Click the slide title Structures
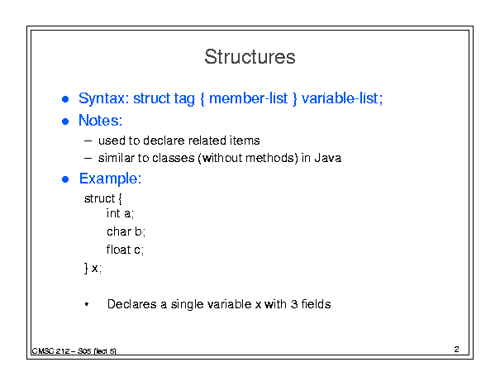click(x=250, y=57)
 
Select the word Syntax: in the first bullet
click(x=103, y=98)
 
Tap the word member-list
click(x=249, y=98)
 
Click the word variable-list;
click(x=342, y=98)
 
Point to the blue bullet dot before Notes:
click(x=65, y=122)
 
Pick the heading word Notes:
click(x=101, y=121)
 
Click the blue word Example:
click(x=111, y=179)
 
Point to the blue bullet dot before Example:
click(x=65, y=179)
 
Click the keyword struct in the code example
click(x=99, y=198)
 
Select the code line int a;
click(x=120, y=213)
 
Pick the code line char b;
click(x=126, y=231)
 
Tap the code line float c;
click(x=125, y=250)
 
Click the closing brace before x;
click(x=86, y=269)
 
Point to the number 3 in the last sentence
click(x=293, y=304)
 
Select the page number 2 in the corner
click(x=457, y=350)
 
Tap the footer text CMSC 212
click(x=51, y=351)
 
